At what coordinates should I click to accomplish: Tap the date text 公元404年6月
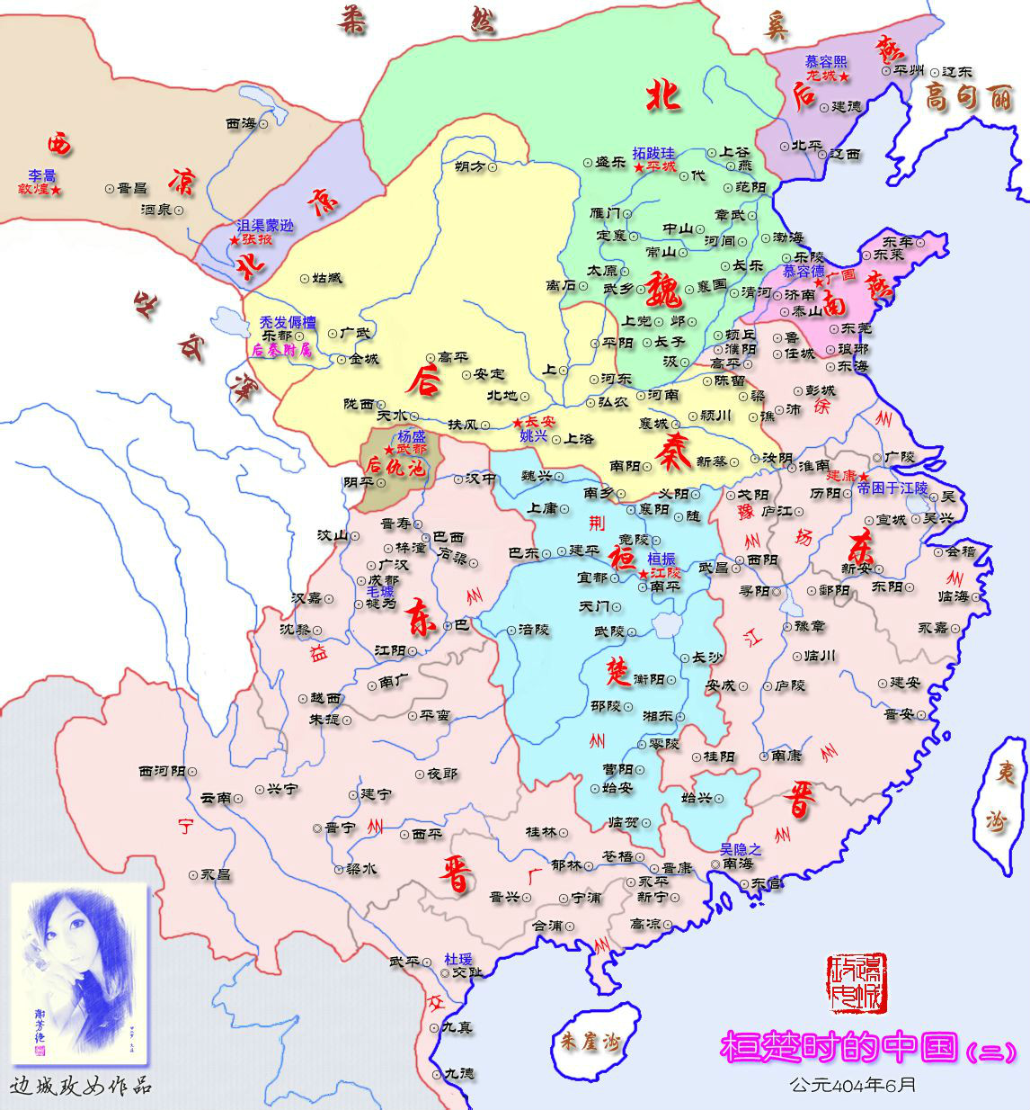853,1085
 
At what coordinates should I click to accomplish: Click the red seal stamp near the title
856,983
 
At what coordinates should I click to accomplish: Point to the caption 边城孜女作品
81,1086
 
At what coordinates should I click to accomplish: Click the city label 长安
539,421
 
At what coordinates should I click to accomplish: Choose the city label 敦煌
36,190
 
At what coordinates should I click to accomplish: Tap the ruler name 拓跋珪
653,154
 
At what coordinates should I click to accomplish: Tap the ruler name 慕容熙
825,61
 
